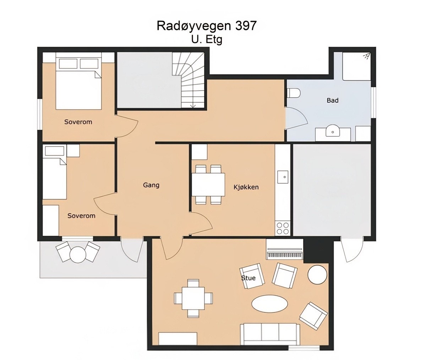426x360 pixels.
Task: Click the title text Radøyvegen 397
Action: (206, 26)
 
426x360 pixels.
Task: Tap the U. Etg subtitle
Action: (207, 39)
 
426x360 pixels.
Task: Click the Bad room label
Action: (332, 100)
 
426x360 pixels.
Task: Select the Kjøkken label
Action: (246, 187)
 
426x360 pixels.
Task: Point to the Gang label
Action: (151, 185)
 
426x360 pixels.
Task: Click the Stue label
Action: (248, 278)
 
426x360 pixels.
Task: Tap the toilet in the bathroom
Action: (294, 93)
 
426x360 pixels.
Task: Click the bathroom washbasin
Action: (333, 131)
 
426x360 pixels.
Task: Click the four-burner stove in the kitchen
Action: (283, 228)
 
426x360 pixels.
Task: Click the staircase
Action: (189, 80)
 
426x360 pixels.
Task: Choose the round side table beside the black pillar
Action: (317, 274)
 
